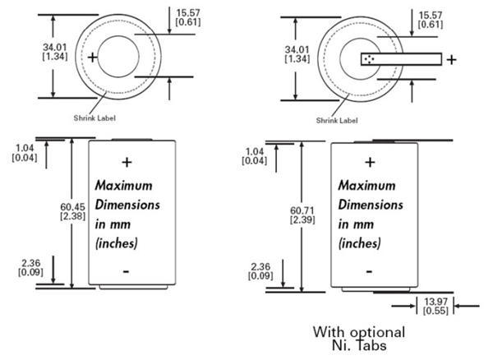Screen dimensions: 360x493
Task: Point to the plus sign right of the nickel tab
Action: (452, 59)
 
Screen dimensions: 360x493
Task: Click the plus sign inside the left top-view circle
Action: (93, 58)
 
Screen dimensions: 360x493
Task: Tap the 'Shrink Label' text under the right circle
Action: (339, 120)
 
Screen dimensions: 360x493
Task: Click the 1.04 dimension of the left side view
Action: (25, 151)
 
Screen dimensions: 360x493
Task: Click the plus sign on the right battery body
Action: (370, 162)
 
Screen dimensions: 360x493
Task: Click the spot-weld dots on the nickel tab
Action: (369, 58)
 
